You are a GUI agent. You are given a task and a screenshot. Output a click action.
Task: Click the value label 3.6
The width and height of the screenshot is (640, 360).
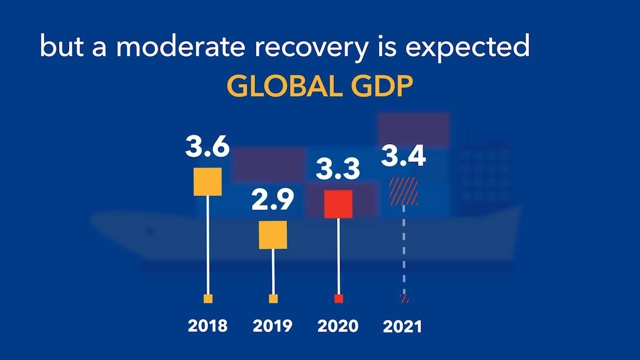point(207,146)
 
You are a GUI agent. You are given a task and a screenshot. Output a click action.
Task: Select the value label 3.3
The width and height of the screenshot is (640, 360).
point(338,169)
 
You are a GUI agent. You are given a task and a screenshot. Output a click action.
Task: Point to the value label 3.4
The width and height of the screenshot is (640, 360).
point(403,156)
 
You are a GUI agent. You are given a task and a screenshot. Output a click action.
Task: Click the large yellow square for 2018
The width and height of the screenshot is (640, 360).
point(207,181)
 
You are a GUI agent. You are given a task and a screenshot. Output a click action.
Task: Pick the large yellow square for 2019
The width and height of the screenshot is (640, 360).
point(273,234)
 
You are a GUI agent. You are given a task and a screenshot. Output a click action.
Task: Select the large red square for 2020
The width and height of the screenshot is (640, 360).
point(338,204)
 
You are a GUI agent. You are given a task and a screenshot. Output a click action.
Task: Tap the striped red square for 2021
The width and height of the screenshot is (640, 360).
point(403,191)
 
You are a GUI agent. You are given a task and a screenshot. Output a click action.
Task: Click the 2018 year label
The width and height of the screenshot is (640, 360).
point(207,326)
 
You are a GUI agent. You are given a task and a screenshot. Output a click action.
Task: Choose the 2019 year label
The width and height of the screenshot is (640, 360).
point(272,326)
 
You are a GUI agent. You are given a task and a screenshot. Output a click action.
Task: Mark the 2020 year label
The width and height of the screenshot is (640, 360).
point(338,326)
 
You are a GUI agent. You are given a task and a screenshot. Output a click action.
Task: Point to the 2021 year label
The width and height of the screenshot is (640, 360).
point(402,327)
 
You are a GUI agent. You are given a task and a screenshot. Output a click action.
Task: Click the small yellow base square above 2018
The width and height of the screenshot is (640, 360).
point(208,299)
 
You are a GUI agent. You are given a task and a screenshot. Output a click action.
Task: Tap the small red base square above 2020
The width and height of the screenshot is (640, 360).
point(338,299)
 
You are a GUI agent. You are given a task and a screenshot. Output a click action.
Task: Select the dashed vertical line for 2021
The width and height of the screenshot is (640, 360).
point(404,250)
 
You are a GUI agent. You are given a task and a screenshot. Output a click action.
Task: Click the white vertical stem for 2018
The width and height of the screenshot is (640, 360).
point(208,245)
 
